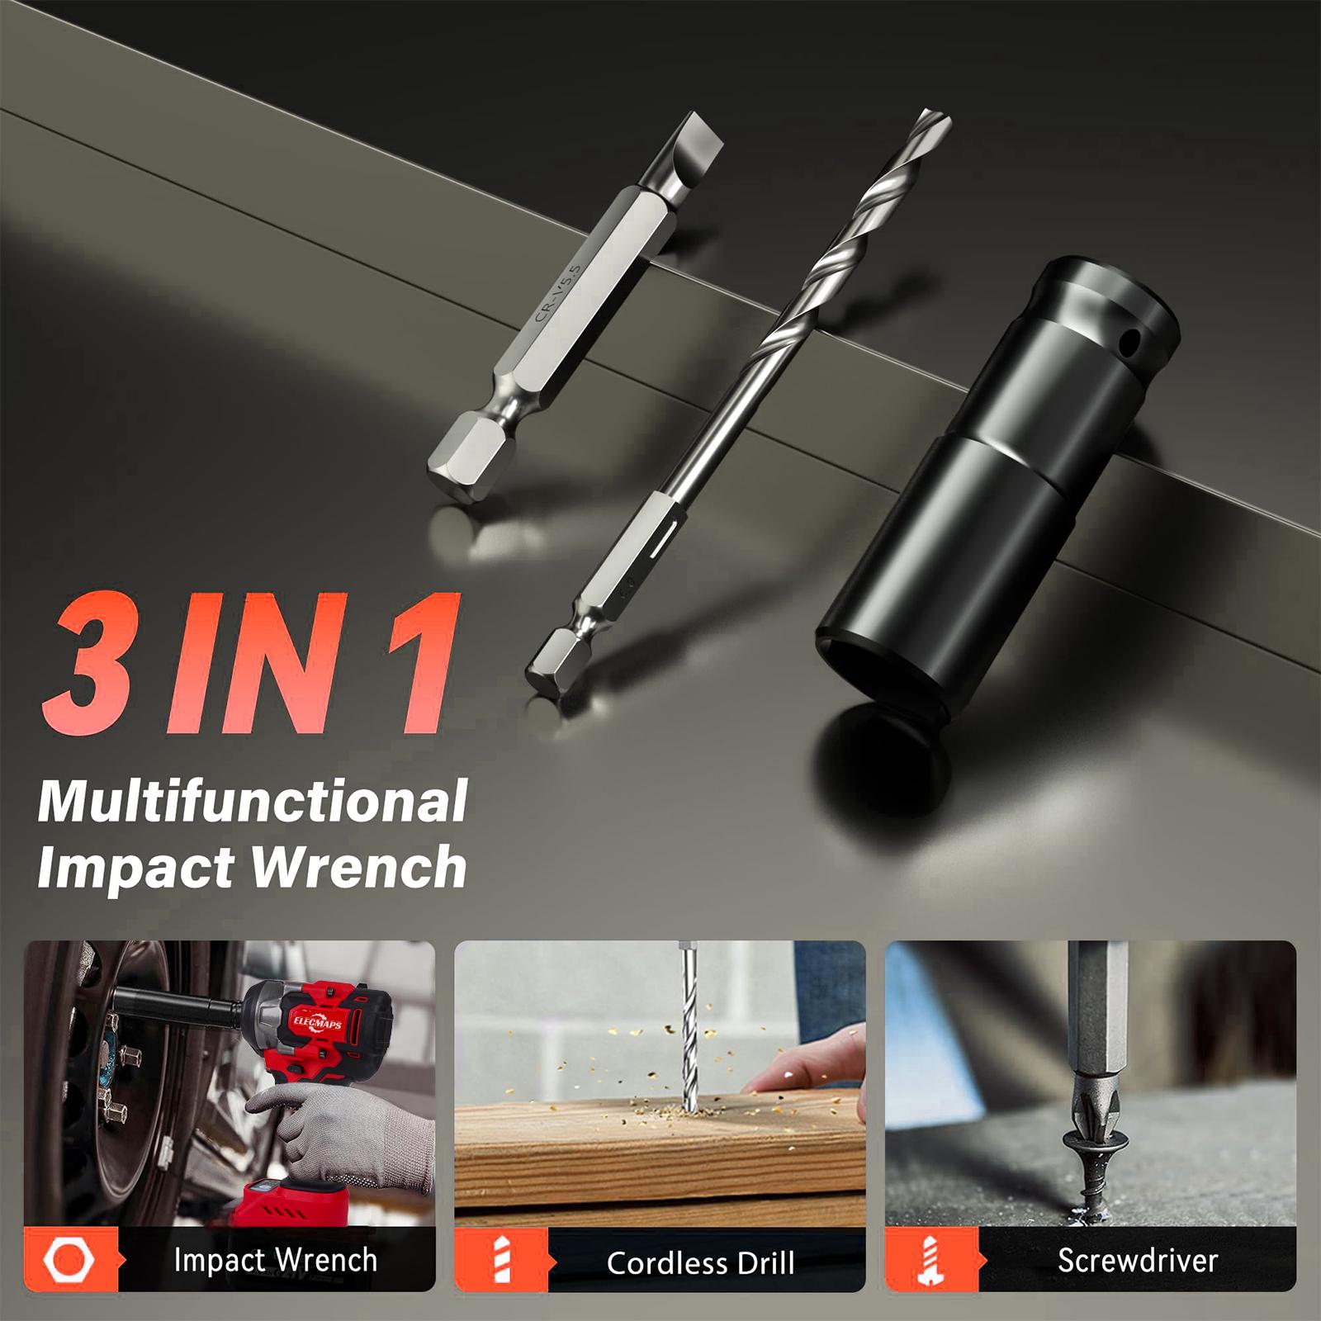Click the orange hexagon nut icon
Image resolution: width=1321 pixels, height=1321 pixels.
69,1259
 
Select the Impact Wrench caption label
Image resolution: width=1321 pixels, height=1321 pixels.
276,1260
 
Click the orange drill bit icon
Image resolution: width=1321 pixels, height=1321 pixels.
501,1261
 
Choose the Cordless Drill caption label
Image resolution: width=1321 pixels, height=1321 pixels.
701,1262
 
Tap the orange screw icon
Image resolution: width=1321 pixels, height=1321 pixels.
931,1261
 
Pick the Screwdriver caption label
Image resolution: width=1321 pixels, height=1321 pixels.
1138,1260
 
